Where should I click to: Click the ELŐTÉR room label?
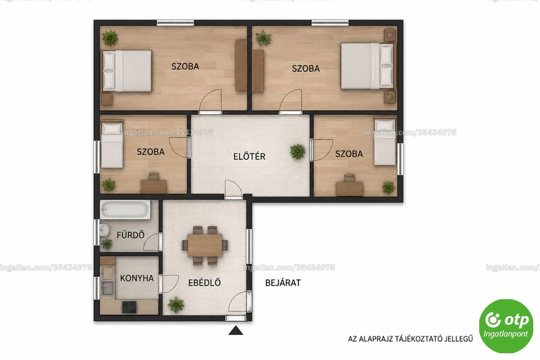point(249,156)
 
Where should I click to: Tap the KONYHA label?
point(137,278)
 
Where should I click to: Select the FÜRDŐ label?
point(130,235)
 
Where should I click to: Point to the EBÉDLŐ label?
point(205,282)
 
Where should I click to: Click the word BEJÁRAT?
point(283,283)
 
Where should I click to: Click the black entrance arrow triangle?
point(236,331)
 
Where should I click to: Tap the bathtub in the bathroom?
point(125,210)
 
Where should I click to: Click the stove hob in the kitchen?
point(130,307)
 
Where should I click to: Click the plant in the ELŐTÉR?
point(298,151)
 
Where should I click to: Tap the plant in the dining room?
point(176,305)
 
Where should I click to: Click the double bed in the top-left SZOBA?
point(127,71)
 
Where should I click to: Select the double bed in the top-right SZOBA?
point(367,66)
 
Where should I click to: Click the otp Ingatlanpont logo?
point(506,326)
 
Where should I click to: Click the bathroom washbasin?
point(104,230)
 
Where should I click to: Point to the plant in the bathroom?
point(107,245)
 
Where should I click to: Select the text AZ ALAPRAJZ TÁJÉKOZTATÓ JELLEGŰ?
point(410,339)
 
